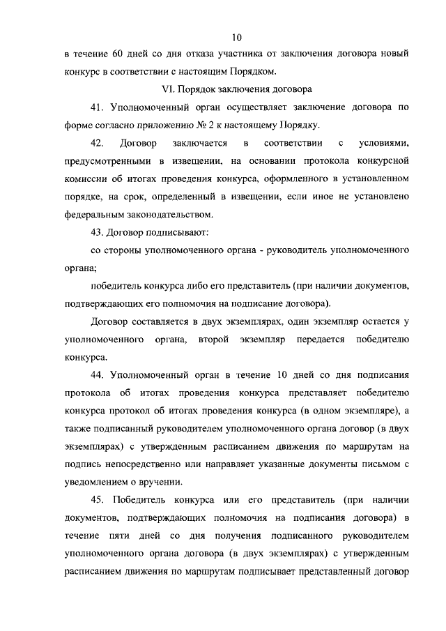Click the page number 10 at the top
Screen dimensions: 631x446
[x=237, y=37]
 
